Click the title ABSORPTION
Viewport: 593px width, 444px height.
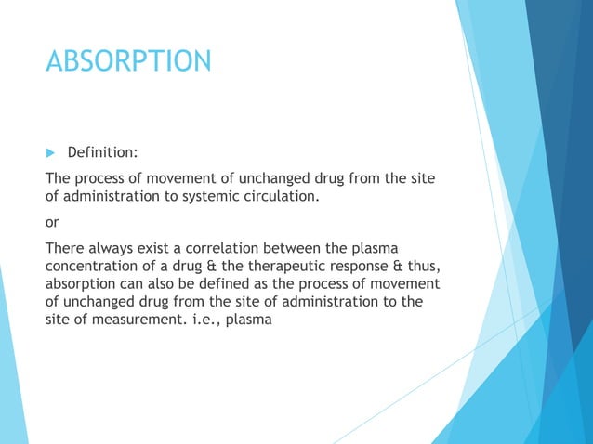129,62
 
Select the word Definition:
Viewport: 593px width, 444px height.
103,151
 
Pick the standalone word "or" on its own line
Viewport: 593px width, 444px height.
53,222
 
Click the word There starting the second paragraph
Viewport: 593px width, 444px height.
64,249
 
